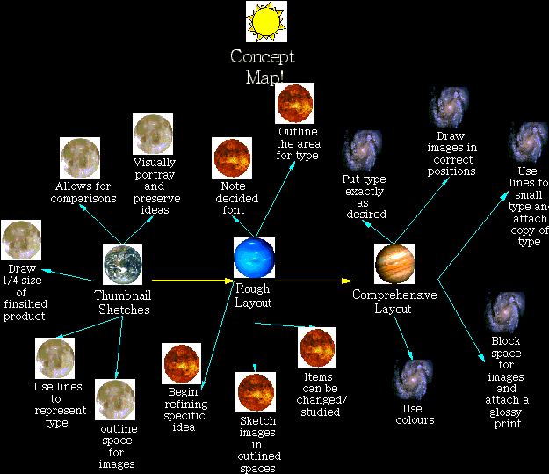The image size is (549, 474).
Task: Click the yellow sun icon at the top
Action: click(266, 22)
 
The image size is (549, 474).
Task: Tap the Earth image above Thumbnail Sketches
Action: click(123, 263)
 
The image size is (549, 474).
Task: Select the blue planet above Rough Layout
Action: click(255, 259)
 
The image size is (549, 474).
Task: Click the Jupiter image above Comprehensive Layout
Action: click(394, 262)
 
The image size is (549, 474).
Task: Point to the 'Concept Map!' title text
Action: click(263, 67)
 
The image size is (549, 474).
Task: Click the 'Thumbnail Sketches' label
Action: click(123, 302)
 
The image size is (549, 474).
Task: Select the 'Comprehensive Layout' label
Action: click(394, 302)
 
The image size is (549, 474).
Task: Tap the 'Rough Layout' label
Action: click(253, 295)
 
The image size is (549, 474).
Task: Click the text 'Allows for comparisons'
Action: click(86, 192)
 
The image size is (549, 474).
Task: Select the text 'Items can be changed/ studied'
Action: click(318, 394)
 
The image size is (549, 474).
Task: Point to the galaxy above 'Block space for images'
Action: click(505, 312)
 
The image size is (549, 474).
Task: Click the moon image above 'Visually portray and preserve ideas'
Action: click(153, 135)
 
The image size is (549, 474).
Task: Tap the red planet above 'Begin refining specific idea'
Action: click(184, 364)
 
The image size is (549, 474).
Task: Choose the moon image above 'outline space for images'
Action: click(115, 400)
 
